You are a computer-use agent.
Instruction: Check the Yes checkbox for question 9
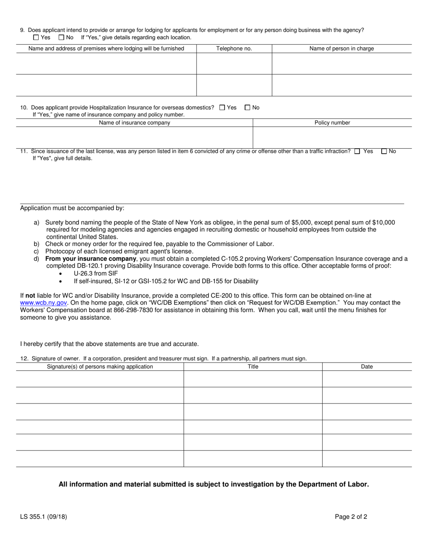click(x=36, y=37)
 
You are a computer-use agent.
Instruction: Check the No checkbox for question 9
click(x=62, y=37)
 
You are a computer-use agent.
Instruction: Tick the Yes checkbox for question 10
click(x=222, y=108)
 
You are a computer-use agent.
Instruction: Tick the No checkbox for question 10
click(x=247, y=108)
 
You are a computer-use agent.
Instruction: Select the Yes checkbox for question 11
click(x=357, y=152)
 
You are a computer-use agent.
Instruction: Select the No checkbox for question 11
click(x=384, y=152)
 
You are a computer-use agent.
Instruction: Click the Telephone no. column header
click(x=234, y=49)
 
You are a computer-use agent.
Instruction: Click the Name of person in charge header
click(x=341, y=49)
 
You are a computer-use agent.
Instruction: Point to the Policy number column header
click(x=332, y=123)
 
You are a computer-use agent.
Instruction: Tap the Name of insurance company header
click(x=134, y=123)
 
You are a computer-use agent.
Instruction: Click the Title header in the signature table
click(x=253, y=367)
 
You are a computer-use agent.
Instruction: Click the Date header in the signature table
click(x=367, y=367)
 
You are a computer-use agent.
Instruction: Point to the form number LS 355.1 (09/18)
click(x=43, y=517)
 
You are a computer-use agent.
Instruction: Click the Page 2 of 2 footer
click(x=351, y=517)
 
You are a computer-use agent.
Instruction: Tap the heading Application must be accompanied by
click(x=72, y=209)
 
